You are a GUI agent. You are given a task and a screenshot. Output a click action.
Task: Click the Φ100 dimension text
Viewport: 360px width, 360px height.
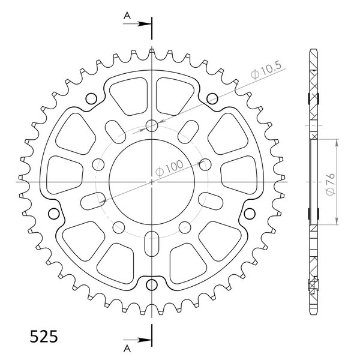[169, 169]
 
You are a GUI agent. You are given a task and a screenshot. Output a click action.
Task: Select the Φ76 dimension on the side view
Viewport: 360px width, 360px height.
[331, 184]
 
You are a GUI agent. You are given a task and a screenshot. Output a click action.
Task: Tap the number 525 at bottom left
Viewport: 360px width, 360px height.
[44, 337]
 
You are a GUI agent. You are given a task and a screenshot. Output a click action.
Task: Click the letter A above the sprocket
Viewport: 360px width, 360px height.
[127, 16]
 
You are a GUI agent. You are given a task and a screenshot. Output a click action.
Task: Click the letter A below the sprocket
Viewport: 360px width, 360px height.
[127, 349]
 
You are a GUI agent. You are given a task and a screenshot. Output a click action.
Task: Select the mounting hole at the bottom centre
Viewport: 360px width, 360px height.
[152, 285]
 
